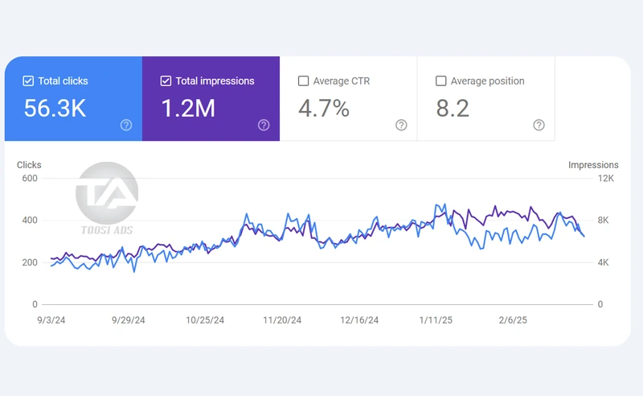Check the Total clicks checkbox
28,81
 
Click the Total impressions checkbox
166,81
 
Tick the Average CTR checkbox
303,81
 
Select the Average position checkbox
440,81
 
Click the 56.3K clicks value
55,109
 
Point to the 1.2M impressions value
188,109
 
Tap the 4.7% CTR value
324,109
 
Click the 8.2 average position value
453,109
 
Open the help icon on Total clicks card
126,125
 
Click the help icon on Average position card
539,125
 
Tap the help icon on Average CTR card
401,125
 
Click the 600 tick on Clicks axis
29,178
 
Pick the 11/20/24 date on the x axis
282,320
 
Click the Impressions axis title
593,165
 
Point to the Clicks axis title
29,165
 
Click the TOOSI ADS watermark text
107,230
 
